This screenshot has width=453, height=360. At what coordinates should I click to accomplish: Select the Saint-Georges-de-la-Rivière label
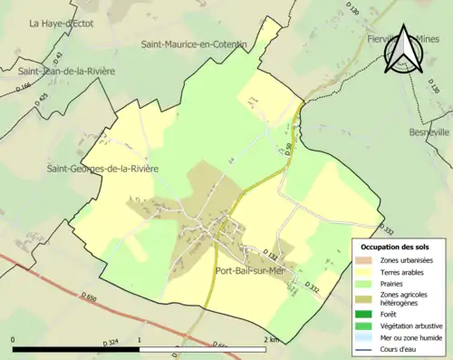pos(103,169)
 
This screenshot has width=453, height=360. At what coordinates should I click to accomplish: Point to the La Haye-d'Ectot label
pos(63,24)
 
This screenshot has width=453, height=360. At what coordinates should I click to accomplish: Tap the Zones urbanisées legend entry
pos(408,259)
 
